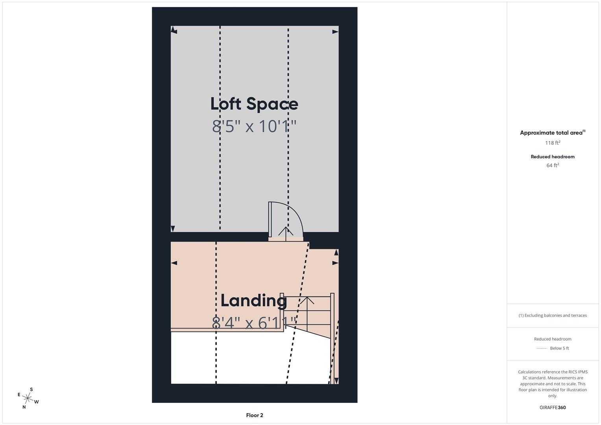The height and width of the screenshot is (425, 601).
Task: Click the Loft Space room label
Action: click(x=254, y=104)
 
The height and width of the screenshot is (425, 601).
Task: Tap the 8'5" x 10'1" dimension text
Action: click(x=254, y=126)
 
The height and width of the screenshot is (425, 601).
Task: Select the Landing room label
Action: click(x=253, y=301)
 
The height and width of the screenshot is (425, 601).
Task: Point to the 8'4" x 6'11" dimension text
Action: click(x=254, y=323)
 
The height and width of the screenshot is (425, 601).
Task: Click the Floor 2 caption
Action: click(x=255, y=415)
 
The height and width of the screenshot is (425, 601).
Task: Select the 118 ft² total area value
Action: click(x=553, y=143)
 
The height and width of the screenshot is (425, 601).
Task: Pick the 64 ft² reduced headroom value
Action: click(x=553, y=165)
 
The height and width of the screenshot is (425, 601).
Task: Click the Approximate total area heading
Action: click(x=552, y=133)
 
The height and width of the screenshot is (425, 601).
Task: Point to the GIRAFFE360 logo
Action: click(x=553, y=408)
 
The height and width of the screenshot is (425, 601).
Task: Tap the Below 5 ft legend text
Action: click(x=559, y=348)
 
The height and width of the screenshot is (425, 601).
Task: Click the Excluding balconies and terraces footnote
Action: click(x=553, y=315)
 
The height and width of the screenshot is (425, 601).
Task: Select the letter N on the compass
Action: click(x=24, y=407)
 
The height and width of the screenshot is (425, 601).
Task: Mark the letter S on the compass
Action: click(x=31, y=390)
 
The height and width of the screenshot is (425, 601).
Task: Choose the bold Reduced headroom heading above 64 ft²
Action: click(x=553, y=157)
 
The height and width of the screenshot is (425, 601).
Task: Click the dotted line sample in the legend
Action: click(x=542, y=348)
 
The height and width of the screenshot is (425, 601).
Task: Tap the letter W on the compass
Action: click(x=37, y=402)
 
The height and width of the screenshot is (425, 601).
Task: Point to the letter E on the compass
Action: click(x=19, y=395)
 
